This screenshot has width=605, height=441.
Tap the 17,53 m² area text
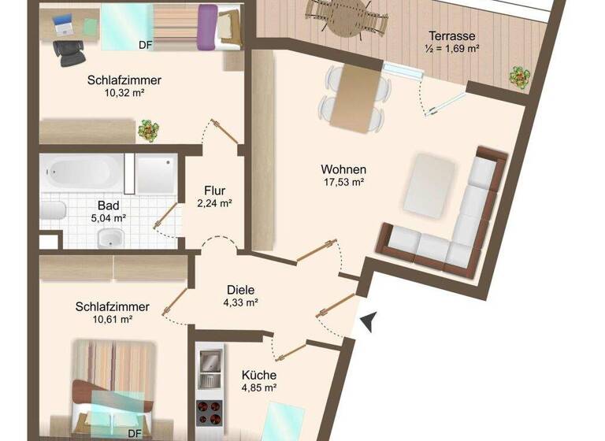343,183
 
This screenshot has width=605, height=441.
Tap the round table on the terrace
348,16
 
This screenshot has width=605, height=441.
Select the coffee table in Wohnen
429,183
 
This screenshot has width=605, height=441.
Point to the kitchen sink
211,362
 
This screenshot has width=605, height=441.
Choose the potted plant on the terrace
519,77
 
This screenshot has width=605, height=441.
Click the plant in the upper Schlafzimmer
147,130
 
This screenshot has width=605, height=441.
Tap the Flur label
214,191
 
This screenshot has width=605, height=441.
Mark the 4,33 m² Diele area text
241,302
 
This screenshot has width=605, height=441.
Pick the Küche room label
258,376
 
